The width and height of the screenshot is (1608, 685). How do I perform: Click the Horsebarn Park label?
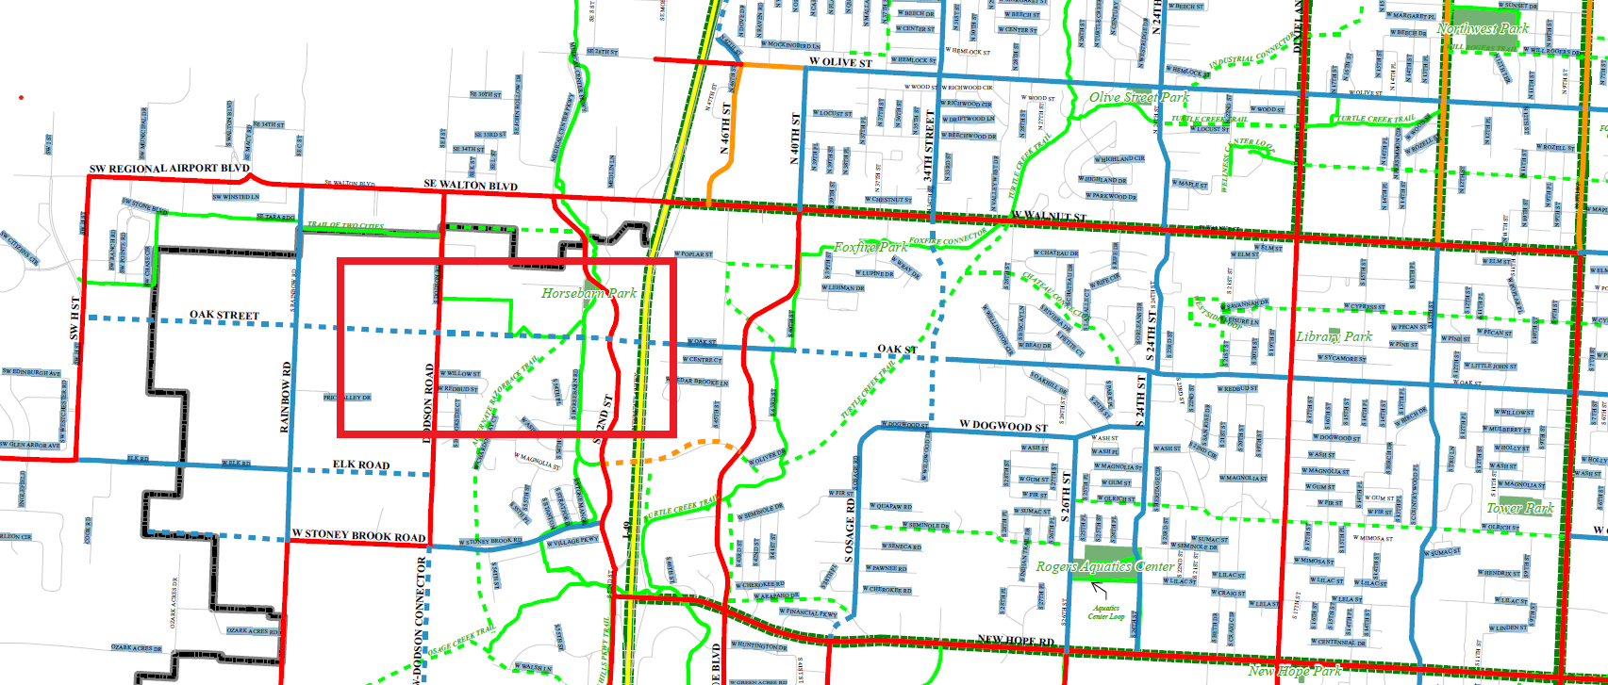point(588,294)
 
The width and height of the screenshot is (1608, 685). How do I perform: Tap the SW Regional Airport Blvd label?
point(170,169)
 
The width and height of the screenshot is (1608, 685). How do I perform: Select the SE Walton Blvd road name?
point(471,186)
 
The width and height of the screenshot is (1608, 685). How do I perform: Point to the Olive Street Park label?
point(1138,98)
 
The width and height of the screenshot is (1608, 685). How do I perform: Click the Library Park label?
point(1334,337)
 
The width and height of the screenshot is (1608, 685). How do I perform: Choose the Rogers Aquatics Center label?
point(1104,567)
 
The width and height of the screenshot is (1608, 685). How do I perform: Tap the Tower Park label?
point(1519,509)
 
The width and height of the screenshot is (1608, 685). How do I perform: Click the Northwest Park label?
point(1483,29)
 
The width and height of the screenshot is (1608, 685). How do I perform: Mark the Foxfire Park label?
point(870,248)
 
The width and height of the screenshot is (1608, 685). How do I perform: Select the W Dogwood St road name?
point(1003,427)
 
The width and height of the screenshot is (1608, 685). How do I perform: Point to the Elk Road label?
point(360,465)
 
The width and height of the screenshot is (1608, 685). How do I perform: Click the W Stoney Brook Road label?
point(358,536)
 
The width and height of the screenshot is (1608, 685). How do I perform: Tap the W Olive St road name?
point(840,63)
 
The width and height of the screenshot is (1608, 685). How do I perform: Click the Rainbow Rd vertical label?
point(286,397)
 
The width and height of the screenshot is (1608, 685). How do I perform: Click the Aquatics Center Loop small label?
point(1105,612)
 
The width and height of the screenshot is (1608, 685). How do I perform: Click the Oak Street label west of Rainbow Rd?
point(224,316)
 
